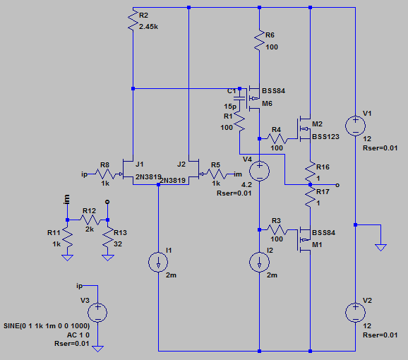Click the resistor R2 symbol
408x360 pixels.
pyautogui.click(x=133, y=20)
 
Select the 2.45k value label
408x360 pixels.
pyautogui.click(x=148, y=27)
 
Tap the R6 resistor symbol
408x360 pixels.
pyautogui.click(x=259, y=40)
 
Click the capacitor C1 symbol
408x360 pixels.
pyautogui.click(x=240, y=98)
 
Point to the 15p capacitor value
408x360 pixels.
pyautogui.click(x=230, y=107)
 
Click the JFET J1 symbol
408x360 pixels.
pyautogui.click(x=128, y=171)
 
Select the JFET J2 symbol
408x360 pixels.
pyautogui.click(x=195, y=171)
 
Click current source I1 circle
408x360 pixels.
pyautogui.click(x=158, y=262)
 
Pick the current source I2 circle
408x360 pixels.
pyautogui.click(x=259, y=262)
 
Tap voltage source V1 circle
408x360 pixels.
pyautogui.click(x=356, y=126)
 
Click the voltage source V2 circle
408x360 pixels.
pyautogui.click(x=356, y=313)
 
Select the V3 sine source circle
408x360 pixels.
pyautogui.click(x=97, y=313)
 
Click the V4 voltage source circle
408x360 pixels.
pyautogui.click(x=259, y=171)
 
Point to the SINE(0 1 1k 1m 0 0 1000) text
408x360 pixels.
pyautogui.click(x=47, y=326)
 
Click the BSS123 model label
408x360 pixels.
pyautogui.click(x=326, y=136)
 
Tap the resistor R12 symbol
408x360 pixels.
pyautogui.click(x=90, y=220)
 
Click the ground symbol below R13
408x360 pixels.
pyautogui.click(x=108, y=258)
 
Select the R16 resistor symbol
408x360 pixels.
pyautogui.click(x=310, y=171)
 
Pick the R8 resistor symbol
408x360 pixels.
pyautogui.click(x=105, y=174)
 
